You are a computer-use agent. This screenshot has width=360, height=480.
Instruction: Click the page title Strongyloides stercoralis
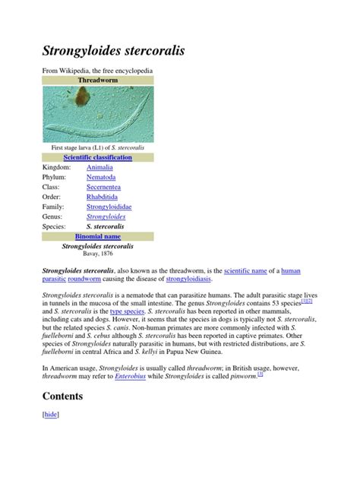point(112,52)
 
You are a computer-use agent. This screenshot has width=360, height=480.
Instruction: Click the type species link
point(127,311)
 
